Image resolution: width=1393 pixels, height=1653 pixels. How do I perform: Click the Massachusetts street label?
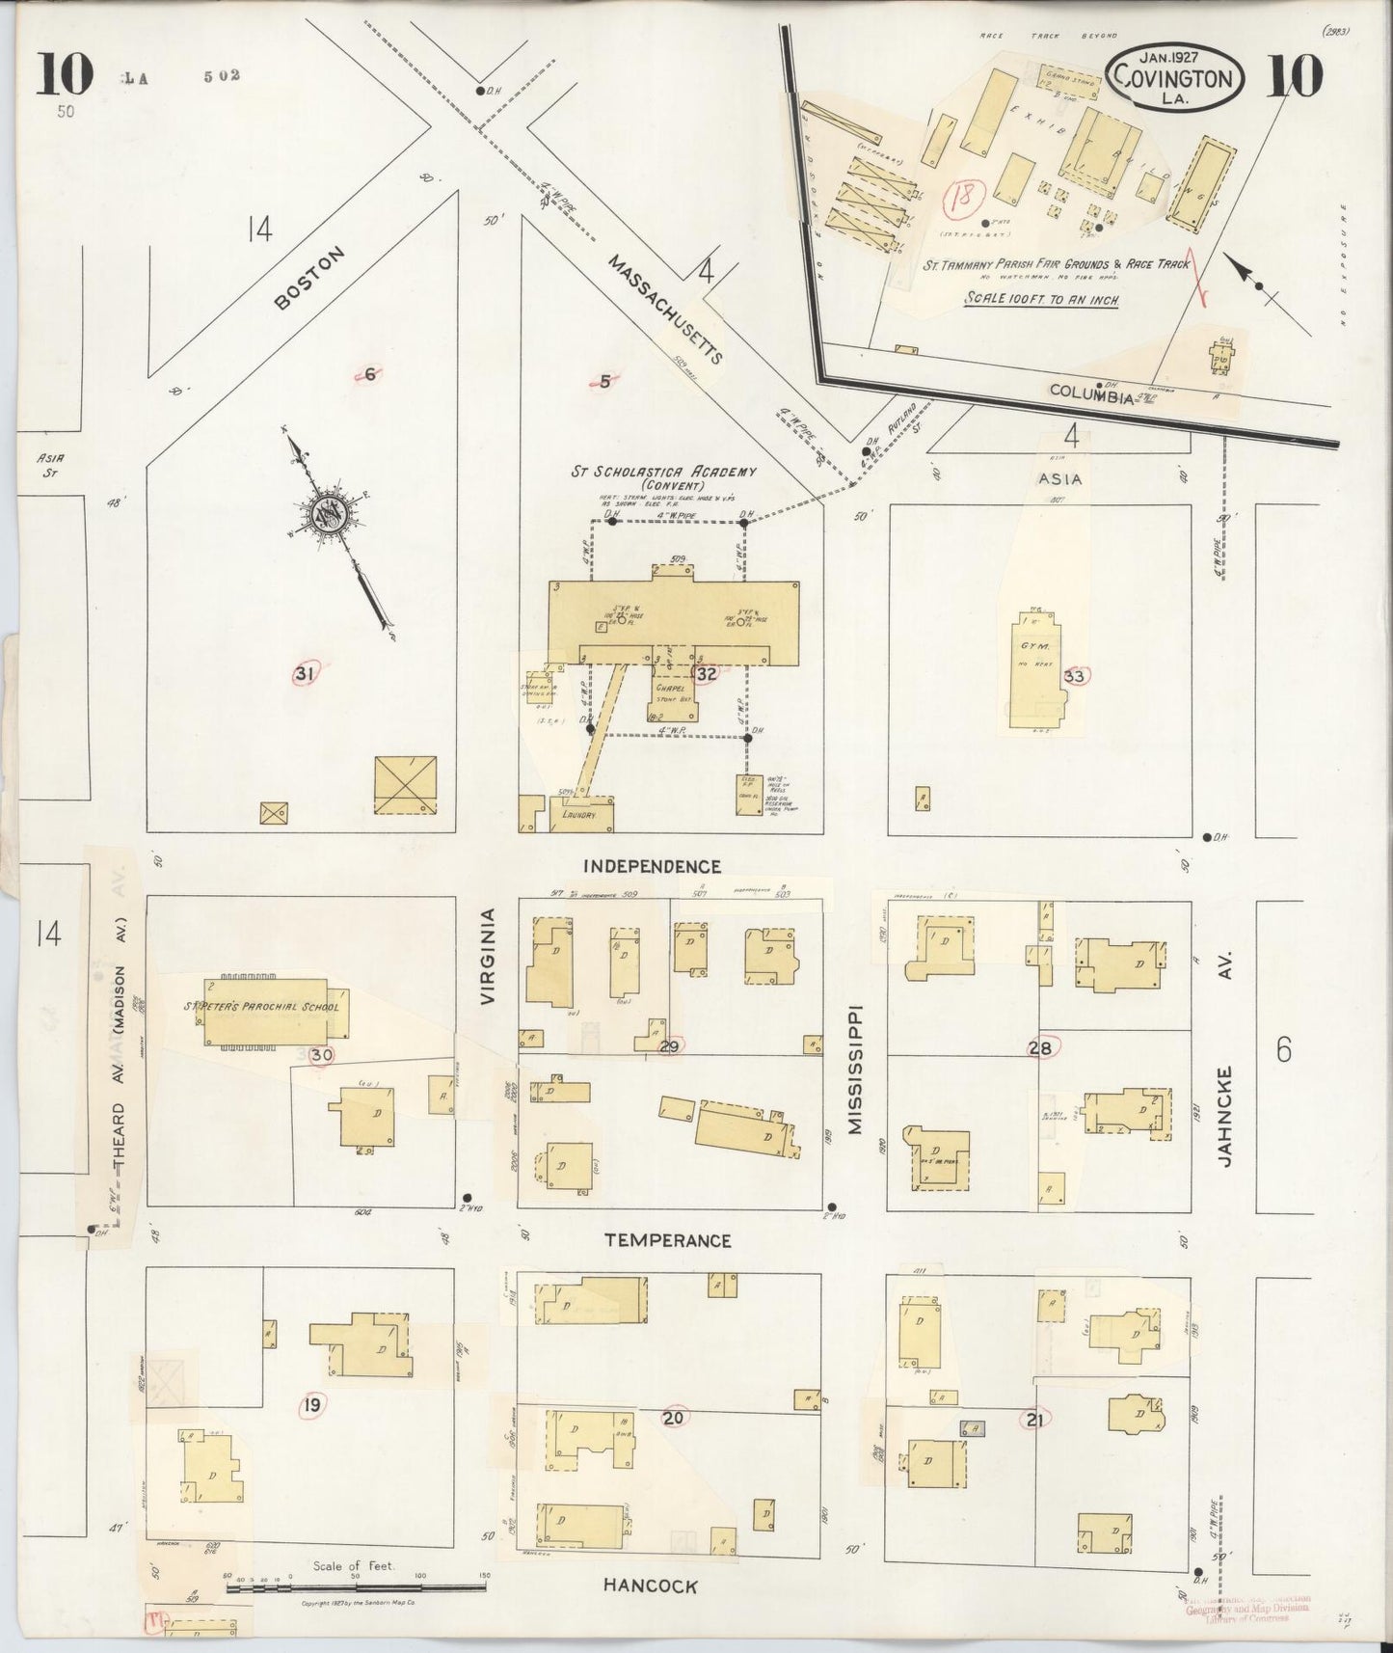[x=665, y=309]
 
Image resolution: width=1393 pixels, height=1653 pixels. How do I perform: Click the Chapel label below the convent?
[x=669, y=689]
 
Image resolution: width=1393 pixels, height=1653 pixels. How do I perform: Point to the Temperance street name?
[x=668, y=1240]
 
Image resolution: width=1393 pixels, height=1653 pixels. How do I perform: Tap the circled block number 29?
[x=669, y=1047]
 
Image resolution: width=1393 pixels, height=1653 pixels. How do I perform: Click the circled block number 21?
[x=1035, y=1419]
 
